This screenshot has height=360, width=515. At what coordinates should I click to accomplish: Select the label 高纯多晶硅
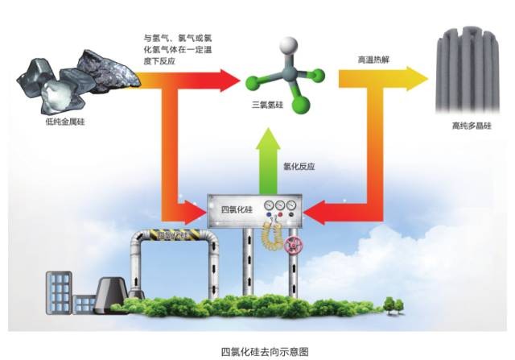click(x=470, y=126)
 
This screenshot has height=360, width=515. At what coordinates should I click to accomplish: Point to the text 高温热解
click(x=374, y=59)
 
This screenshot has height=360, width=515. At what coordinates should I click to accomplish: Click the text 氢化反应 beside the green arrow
click(x=299, y=167)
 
